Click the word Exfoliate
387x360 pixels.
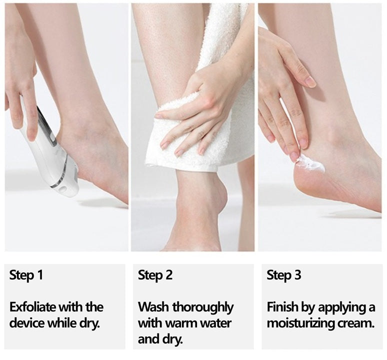31,306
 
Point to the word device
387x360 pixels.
25,322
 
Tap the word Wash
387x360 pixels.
151,306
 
